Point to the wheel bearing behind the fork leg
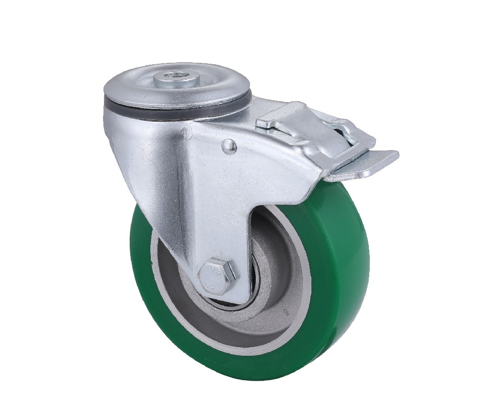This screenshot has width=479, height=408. point(249,288)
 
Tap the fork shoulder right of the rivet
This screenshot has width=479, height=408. point(268,158)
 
